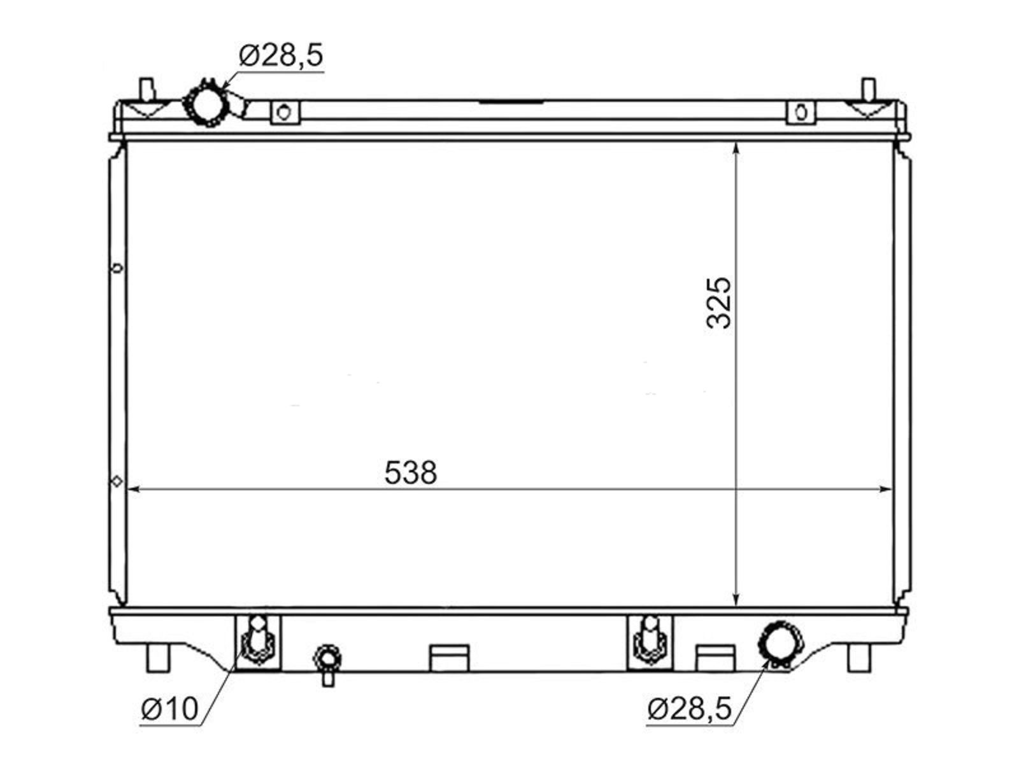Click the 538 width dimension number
coord(410,472)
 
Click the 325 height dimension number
coord(718,303)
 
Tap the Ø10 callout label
coord(169,709)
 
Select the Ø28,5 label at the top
coord(281,55)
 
